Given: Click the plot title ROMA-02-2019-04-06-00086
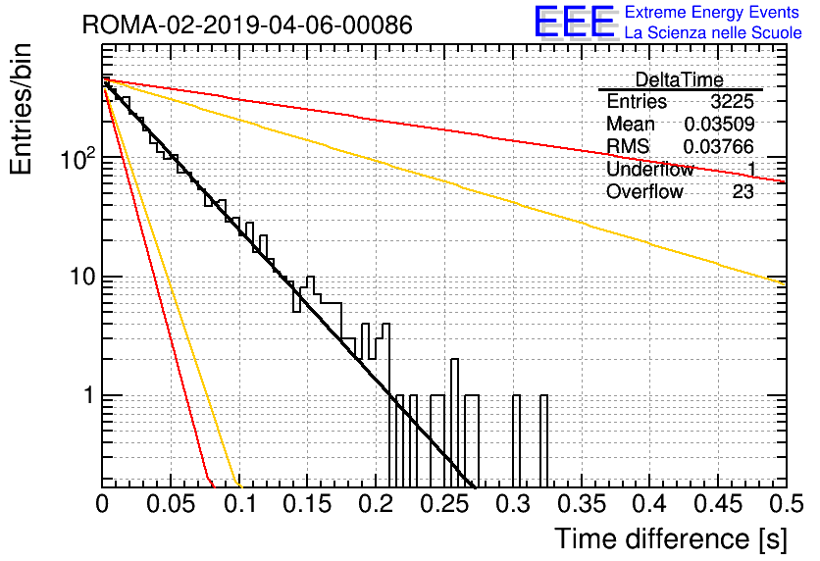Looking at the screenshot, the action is [x=247, y=25].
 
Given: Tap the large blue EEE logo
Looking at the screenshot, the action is [x=575, y=22].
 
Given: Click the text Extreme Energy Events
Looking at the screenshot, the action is [x=712, y=12].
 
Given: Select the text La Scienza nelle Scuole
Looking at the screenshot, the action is [x=713, y=32].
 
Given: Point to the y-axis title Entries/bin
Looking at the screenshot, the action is [x=22, y=109].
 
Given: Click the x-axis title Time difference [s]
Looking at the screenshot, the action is [x=671, y=538].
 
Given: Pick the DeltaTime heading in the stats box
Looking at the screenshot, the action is [x=680, y=79].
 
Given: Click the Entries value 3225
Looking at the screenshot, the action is [x=732, y=101].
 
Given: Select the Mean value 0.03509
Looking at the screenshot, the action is [x=719, y=124].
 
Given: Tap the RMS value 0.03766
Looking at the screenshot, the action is [x=719, y=146].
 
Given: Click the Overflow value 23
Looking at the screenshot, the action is [x=743, y=192].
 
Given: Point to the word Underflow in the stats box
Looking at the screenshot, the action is [x=650, y=169].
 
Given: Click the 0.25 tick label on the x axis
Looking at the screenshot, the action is [x=445, y=504].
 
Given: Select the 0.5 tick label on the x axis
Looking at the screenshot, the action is [x=787, y=504].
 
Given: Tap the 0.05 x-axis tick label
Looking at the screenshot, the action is [x=171, y=504].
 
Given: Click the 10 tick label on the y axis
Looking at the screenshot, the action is [x=83, y=277].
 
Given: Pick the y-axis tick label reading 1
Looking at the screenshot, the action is [x=89, y=396].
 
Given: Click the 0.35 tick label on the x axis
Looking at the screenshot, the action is [x=582, y=504].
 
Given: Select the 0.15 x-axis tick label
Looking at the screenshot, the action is [x=308, y=504].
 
